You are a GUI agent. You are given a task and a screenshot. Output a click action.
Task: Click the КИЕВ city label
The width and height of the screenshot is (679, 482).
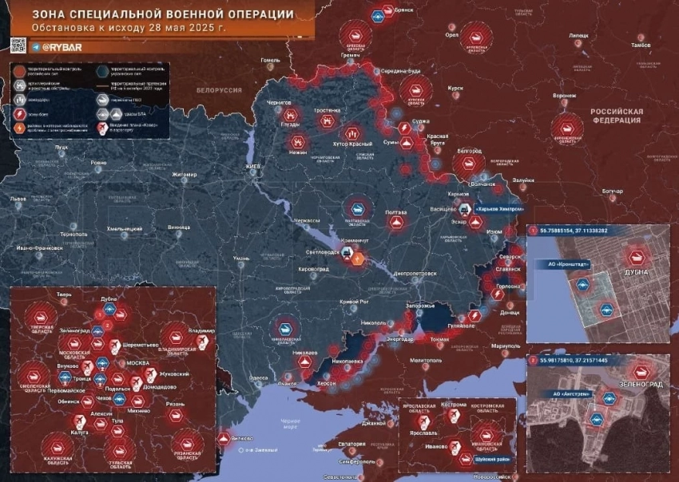[x=253, y=166]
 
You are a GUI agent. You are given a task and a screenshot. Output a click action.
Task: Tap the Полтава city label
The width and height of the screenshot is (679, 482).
[x=395, y=213]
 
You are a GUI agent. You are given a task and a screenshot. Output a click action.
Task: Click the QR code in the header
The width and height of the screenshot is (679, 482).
[x=18, y=45]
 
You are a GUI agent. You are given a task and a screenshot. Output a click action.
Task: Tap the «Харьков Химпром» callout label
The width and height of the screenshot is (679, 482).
[x=499, y=208]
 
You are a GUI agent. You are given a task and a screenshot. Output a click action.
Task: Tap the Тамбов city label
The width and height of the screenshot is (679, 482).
[x=641, y=45]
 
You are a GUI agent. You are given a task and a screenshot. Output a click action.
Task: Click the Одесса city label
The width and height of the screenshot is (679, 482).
[x=259, y=377]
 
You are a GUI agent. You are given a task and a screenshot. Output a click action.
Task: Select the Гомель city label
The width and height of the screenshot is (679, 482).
[x=270, y=60]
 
